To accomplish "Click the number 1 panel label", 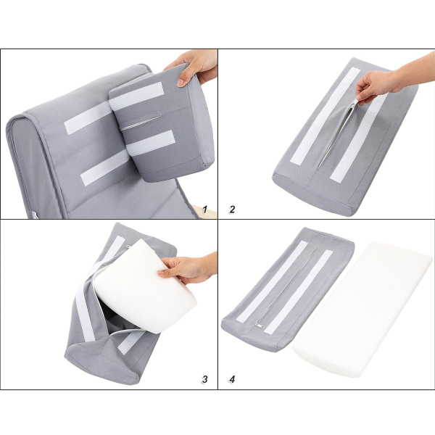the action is [x=204, y=210].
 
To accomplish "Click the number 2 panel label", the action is [x=232, y=210].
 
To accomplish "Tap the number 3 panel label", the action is [x=204, y=379].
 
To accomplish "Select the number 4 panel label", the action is [x=232, y=379].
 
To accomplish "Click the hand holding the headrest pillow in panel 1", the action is [x=194, y=67].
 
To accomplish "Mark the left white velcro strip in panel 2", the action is [x=325, y=116].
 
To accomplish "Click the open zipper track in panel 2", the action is [x=336, y=136].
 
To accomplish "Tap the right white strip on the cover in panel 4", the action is [x=299, y=292].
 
